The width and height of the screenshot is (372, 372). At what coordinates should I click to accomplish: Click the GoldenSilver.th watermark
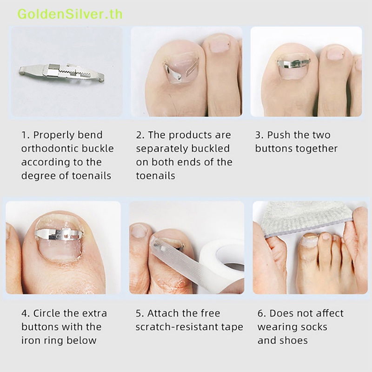70,14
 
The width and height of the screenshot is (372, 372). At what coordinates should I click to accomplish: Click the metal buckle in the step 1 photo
61,73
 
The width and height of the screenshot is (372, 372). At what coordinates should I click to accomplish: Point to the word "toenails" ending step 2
155,176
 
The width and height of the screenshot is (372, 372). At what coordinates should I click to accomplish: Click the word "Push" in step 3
279,135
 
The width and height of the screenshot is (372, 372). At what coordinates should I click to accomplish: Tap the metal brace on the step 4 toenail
59,234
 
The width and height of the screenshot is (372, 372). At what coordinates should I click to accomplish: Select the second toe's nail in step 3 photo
335,53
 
